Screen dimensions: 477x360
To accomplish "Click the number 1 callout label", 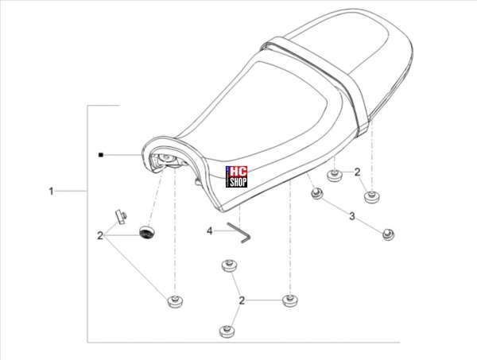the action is (51, 192).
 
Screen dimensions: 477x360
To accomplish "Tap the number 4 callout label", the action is (209, 231).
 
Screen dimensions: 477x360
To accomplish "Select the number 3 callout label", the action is (352, 216).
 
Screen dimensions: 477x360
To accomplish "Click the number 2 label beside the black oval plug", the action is (100, 235).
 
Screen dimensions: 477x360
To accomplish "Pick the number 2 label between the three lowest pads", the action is (242, 300).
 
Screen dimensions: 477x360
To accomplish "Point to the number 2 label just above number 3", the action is (358, 172).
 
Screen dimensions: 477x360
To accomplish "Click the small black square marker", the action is (101, 155).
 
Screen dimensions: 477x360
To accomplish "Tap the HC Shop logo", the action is (236, 176).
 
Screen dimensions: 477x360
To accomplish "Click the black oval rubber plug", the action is (147, 232).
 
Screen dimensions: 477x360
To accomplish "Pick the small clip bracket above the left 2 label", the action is (121, 216).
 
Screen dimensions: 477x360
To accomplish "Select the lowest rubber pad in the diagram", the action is (227, 331).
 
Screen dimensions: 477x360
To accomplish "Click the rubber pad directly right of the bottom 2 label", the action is (290, 300).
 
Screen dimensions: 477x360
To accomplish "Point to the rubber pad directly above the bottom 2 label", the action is (230, 266).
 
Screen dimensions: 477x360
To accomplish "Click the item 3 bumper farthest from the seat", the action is (388, 234).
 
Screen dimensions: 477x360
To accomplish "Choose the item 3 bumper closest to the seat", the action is (317, 193).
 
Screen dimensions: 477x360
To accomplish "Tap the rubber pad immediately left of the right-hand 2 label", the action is (335, 176).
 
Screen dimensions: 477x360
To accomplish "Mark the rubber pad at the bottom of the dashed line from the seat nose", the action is (175, 300).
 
